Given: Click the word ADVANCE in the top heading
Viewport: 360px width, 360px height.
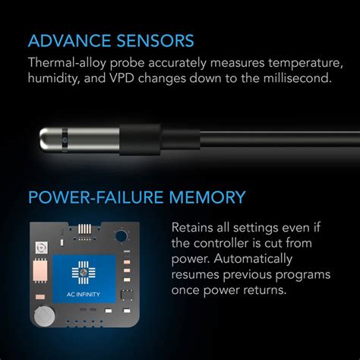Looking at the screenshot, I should tap(70, 40).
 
